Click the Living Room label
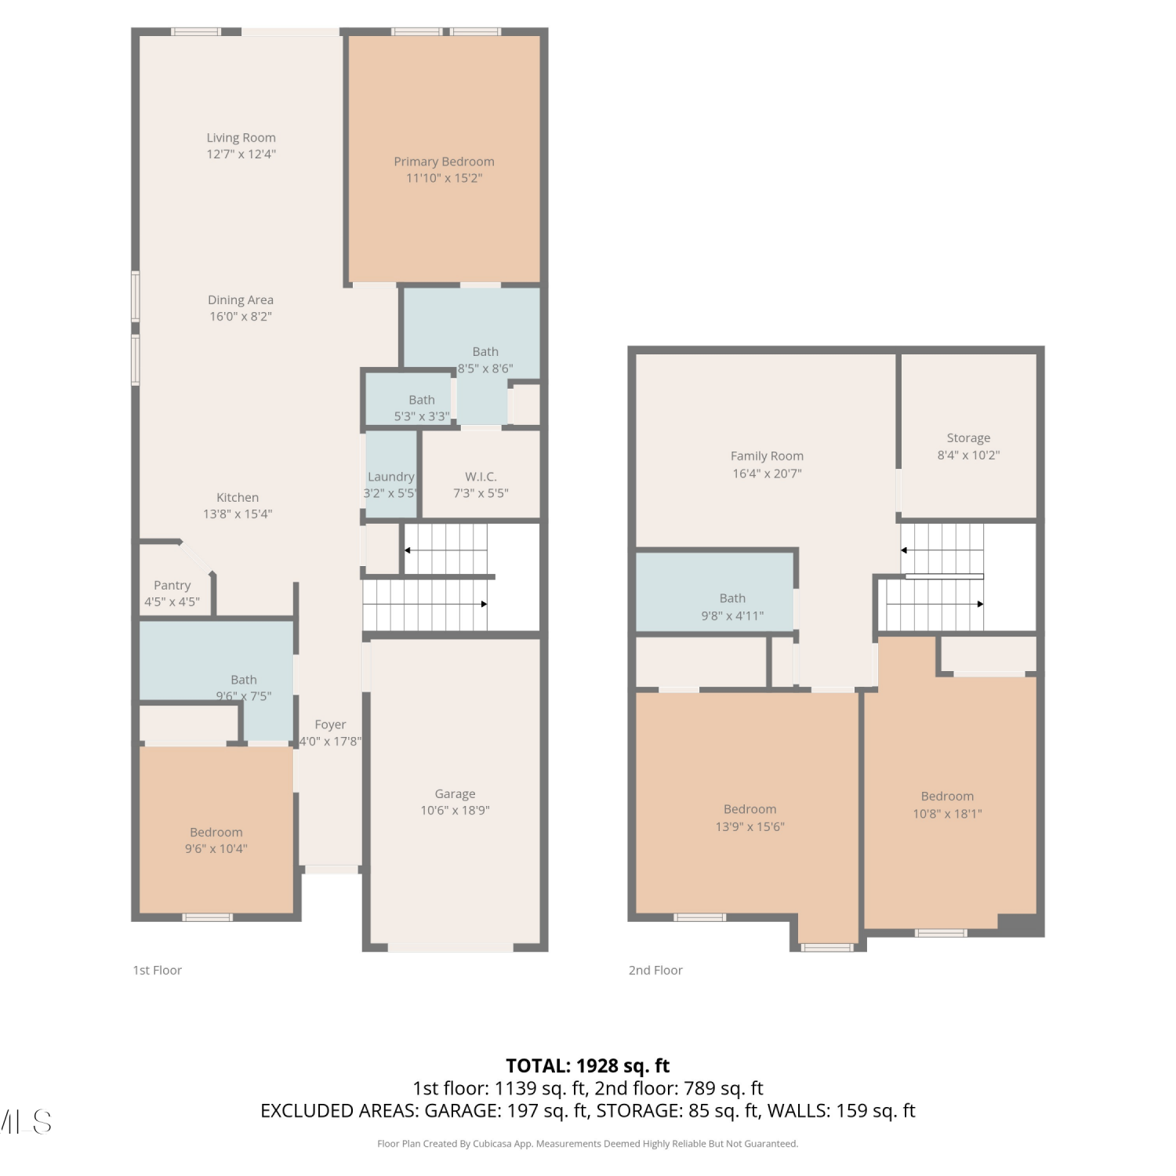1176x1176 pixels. (x=241, y=138)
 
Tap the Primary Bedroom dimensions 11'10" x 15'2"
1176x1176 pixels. (x=444, y=178)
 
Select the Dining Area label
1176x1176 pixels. (x=241, y=299)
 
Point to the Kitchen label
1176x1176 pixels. (x=238, y=497)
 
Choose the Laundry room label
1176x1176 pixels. (x=390, y=477)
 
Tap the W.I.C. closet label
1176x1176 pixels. (x=481, y=477)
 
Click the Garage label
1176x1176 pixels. (x=455, y=794)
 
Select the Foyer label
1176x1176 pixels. (x=330, y=725)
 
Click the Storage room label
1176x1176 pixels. (x=968, y=438)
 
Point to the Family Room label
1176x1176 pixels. (x=767, y=456)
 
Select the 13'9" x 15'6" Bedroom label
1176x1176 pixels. (x=750, y=809)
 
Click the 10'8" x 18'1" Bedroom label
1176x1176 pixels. (x=947, y=797)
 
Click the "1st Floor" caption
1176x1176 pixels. (x=157, y=971)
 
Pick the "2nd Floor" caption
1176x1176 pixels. (x=655, y=971)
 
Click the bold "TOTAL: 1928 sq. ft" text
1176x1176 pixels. (x=588, y=1066)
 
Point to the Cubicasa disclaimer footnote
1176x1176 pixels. (x=588, y=1144)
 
